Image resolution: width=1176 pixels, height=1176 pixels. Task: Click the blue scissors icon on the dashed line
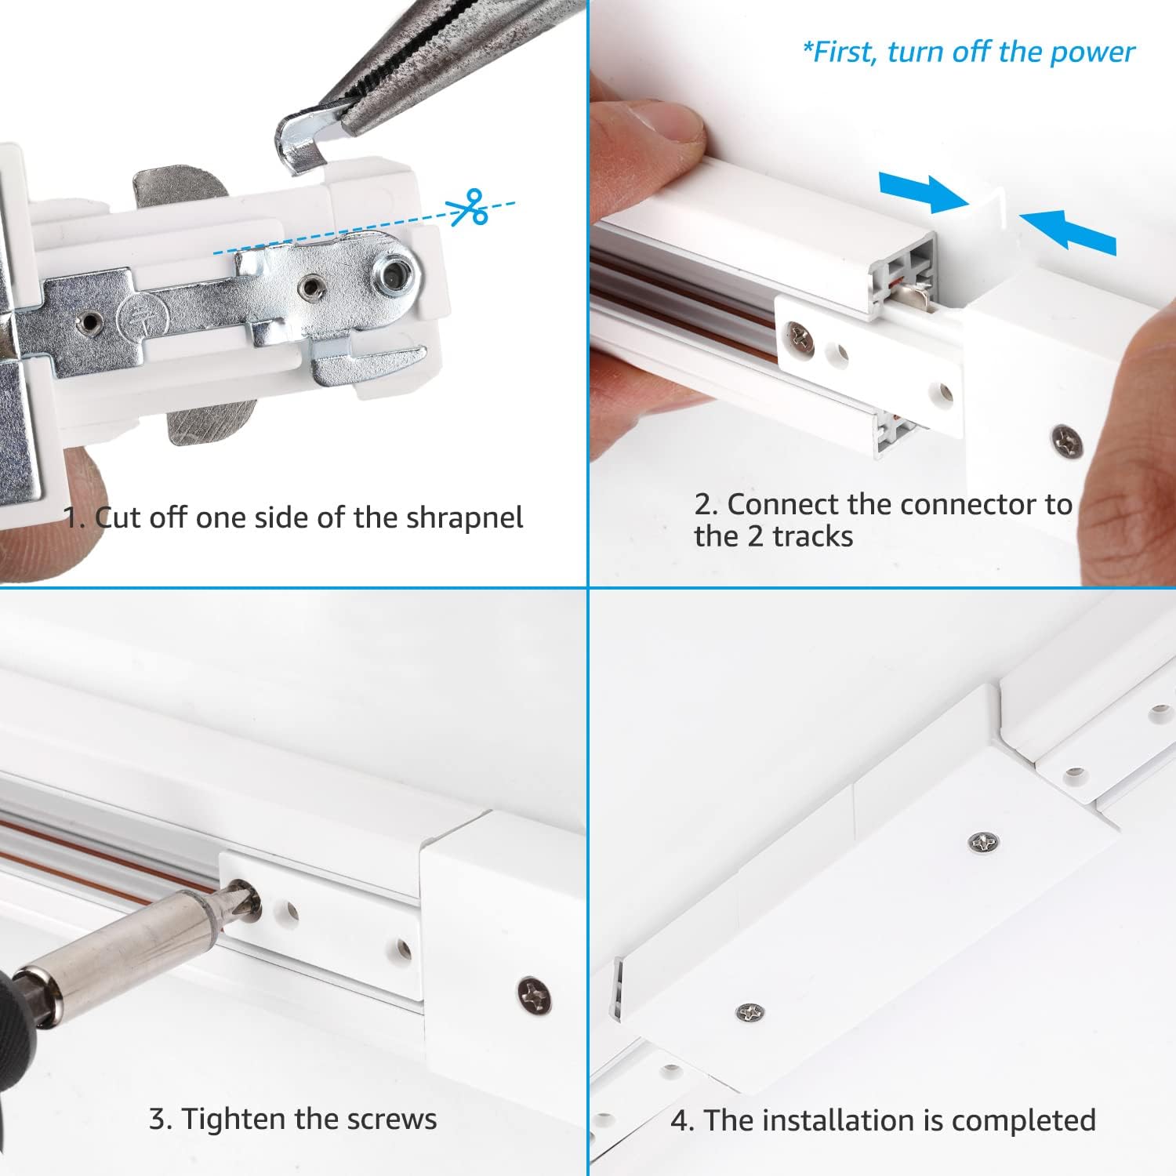468,208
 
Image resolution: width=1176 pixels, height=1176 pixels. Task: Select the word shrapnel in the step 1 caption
464,518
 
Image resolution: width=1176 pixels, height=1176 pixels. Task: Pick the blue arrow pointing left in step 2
1070,229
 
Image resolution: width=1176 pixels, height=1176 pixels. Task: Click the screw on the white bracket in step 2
800,338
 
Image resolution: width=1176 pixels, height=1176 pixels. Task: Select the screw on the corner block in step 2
1067,441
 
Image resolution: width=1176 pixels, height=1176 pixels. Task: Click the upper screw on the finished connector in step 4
983,843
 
